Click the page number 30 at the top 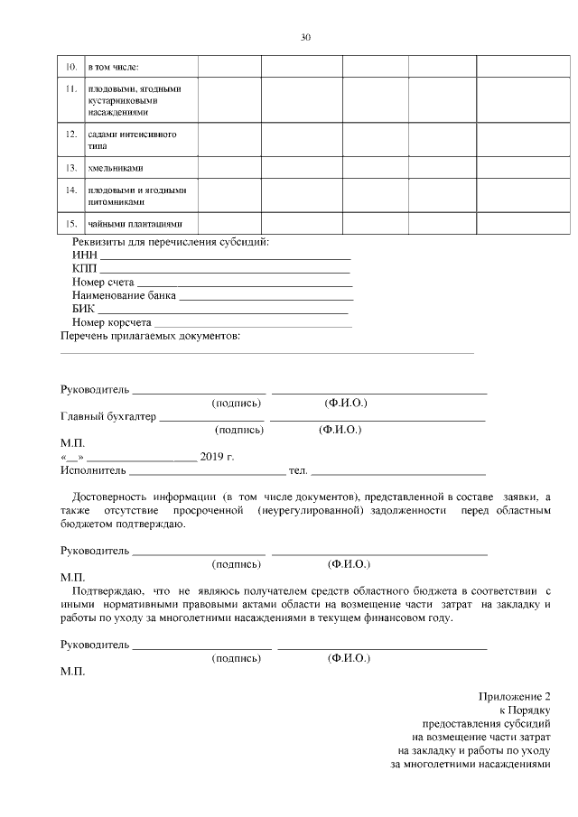tap(305, 37)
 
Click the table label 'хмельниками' tap(116, 169)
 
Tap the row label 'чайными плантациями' tap(135, 224)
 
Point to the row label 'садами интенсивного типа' tap(131, 140)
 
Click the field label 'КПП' tap(84, 268)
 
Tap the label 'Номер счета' tap(102, 283)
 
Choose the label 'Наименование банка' tap(124, 295)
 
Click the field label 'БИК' tap(83, 309)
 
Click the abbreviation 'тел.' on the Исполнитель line tap(297, 471)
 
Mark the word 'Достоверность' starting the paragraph tap(112, 497)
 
